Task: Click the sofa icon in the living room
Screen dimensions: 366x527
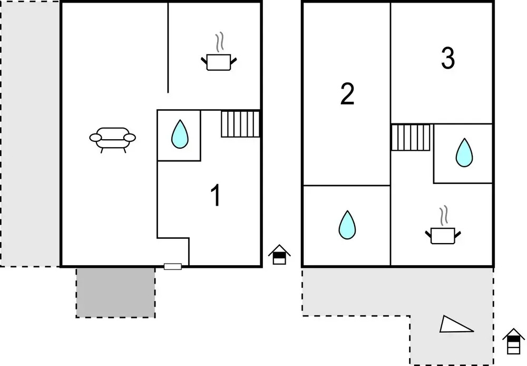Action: click(x=112, y=138)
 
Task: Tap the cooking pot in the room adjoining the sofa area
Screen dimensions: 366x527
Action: click(x=219, y=62)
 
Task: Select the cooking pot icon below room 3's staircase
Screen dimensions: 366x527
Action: click(x=443, y=235)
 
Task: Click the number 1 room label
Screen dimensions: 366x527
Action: click(x=215, y=196)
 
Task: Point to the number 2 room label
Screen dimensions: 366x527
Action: click(x=347, y=94)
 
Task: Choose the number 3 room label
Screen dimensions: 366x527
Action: click(x=447, y=59)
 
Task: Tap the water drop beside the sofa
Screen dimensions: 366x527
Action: click(x=180, y=134)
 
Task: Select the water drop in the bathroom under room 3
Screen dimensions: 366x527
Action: click(x=464, y=153)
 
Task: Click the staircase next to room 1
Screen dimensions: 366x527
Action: click(x=240, y=124)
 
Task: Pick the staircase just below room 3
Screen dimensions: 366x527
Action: click(x=411, y=138)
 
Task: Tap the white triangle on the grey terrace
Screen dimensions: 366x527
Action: click(x=454, y=325)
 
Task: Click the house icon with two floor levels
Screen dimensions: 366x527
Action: click(x=279, y=255)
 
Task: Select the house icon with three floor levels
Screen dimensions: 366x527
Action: click(x=513, y=341)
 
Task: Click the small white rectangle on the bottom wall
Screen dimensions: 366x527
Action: click(x=173, y=266)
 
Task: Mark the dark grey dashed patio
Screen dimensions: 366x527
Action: click(x=115, y=292)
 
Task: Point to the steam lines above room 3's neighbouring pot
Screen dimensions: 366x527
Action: click(x=445, y=215)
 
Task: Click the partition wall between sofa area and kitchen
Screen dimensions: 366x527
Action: click(x=168, y=47)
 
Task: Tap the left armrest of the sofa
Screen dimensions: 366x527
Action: click(x=95, y=138)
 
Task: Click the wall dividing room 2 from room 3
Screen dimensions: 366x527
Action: click(x=391, y=63)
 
